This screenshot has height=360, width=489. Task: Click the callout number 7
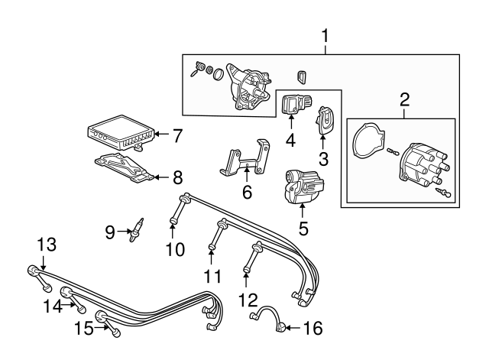(x=177, y=136)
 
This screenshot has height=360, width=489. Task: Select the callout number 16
(x=313, y=328)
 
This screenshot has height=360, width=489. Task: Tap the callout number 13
(x=47, y=245)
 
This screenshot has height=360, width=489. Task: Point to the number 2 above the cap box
(x=404, y=100)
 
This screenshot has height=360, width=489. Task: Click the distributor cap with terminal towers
(x=426, y=165)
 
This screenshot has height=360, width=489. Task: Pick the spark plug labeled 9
(x=137, y=231)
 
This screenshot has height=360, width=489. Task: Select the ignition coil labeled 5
(x=303, y=186)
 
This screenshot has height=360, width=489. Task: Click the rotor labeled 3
(x=323, y=120)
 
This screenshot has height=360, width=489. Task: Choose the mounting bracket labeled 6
(x=246, y=159)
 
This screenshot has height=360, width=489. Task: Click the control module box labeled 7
(x=121, y=132)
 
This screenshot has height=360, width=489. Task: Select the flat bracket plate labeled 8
(x=124, y=167)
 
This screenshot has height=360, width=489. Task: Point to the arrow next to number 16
(x=293, y=328)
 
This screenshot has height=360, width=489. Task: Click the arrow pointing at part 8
(x=161, y=177)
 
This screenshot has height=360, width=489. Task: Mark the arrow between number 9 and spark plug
(x=124, y=231)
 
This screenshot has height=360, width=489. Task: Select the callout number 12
(x=248, y=300)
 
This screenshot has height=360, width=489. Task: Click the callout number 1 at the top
(x=325, y=36)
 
